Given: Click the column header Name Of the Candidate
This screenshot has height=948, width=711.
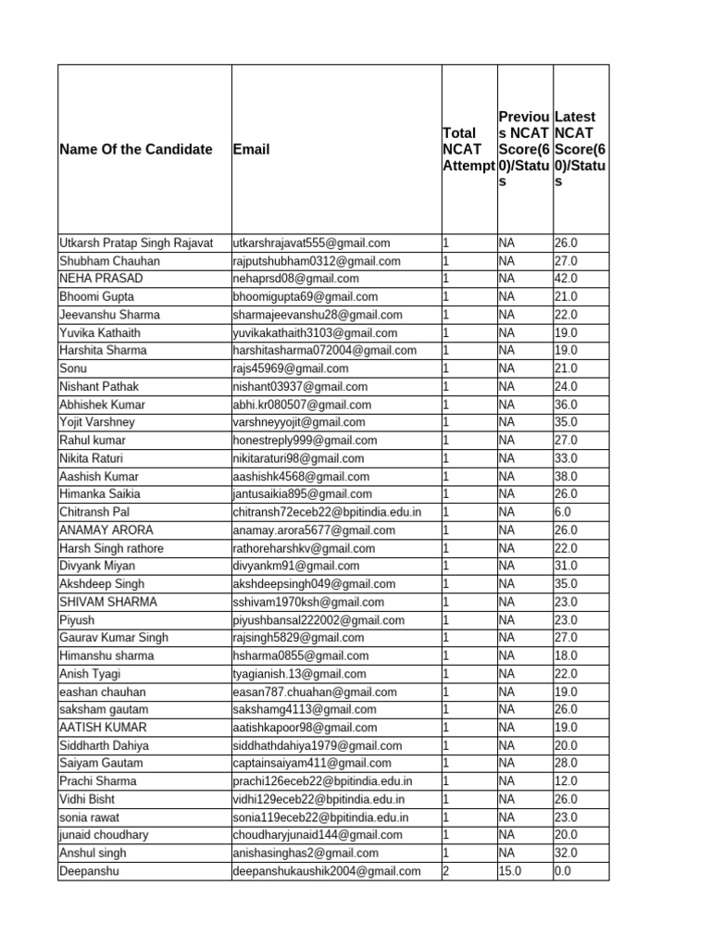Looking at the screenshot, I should click(x=136, y=149).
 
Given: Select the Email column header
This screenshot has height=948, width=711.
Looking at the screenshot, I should click(x=252, y=149).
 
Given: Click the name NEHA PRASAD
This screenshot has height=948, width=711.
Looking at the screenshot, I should click(x=101, y=279).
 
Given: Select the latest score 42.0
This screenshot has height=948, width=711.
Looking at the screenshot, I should click(x=566, y=279).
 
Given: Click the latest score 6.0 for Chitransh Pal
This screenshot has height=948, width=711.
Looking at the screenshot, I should click(x=563, y=512).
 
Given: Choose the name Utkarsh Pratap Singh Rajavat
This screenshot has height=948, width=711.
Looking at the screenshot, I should click(x=136, y=243).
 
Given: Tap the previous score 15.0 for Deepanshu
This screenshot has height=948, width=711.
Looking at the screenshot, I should click(x=512, y=871).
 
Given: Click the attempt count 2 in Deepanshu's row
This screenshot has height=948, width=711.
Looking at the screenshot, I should click(x=446, y=871).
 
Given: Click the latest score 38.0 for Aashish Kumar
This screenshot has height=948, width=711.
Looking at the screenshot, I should click(x=566, y=477).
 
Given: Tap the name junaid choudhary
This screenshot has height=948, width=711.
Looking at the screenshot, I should click(x=104, y=835).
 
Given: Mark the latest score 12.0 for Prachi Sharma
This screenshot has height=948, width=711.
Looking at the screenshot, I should click(x=566, y=781).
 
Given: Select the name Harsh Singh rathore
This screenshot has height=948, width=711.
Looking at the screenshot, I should click(x=109, y=548).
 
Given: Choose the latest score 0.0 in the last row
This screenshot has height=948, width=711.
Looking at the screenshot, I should click(x=563, y=871).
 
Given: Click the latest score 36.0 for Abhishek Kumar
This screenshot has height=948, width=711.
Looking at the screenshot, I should click(x=566, y=405).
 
